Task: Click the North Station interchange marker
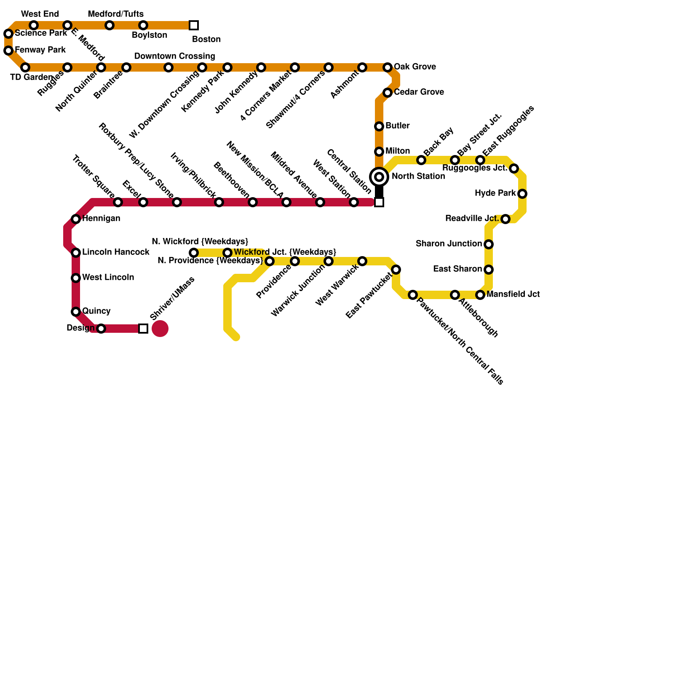tap(379, 177)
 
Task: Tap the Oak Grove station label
tap(415, 67)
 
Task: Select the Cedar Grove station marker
tap(388, 93)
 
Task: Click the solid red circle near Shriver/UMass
tap(160, 329)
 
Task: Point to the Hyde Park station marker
tap(522, 194)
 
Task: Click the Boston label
tap(206, 40)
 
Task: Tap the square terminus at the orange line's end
tap(194, 25)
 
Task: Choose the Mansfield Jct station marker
tap(480, 295)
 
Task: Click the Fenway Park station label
tap(40, 50)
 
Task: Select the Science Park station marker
tap(8, 34)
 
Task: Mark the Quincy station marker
tap(76, 312)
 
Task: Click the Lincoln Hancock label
tap(115, 252)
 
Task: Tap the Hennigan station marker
tap(76, 219)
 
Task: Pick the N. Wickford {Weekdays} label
tap(200, 242)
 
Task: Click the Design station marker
tap(101, 329)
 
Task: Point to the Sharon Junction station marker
tap(489, 244)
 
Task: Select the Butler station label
tap(397, 126)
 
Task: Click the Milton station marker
tap(379, 152)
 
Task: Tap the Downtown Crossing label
tap(174, 56)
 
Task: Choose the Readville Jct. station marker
tap(505, 219)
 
